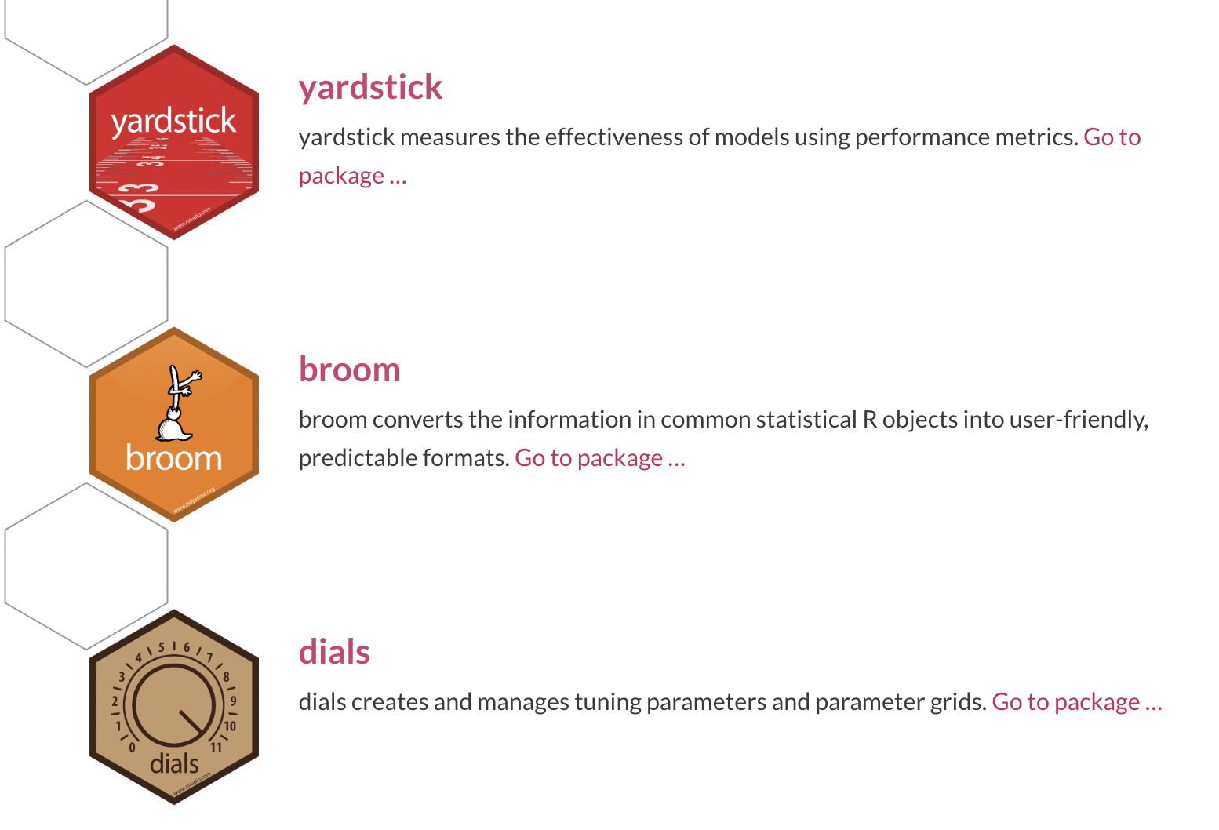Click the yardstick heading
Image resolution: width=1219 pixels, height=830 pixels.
370,87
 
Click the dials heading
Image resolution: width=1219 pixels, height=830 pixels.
334,651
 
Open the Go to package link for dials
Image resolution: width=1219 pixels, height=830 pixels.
1077,702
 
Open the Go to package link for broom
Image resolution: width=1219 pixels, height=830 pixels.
600,458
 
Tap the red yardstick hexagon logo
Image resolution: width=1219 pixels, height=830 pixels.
174,142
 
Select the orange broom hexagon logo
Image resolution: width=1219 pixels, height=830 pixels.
174,424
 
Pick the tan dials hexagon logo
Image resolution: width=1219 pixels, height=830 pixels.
174,707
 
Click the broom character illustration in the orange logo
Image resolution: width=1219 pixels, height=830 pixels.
178,402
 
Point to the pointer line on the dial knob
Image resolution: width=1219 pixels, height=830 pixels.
191,722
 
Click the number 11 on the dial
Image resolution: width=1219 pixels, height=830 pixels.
216,748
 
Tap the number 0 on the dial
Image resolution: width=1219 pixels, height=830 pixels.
133,748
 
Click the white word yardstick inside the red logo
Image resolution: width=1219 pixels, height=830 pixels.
173,122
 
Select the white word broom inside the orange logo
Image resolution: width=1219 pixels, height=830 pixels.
174,457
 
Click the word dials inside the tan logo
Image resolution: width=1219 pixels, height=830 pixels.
174,763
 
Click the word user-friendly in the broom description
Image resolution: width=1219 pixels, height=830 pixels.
1079,420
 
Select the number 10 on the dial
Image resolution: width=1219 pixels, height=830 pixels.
230,726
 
